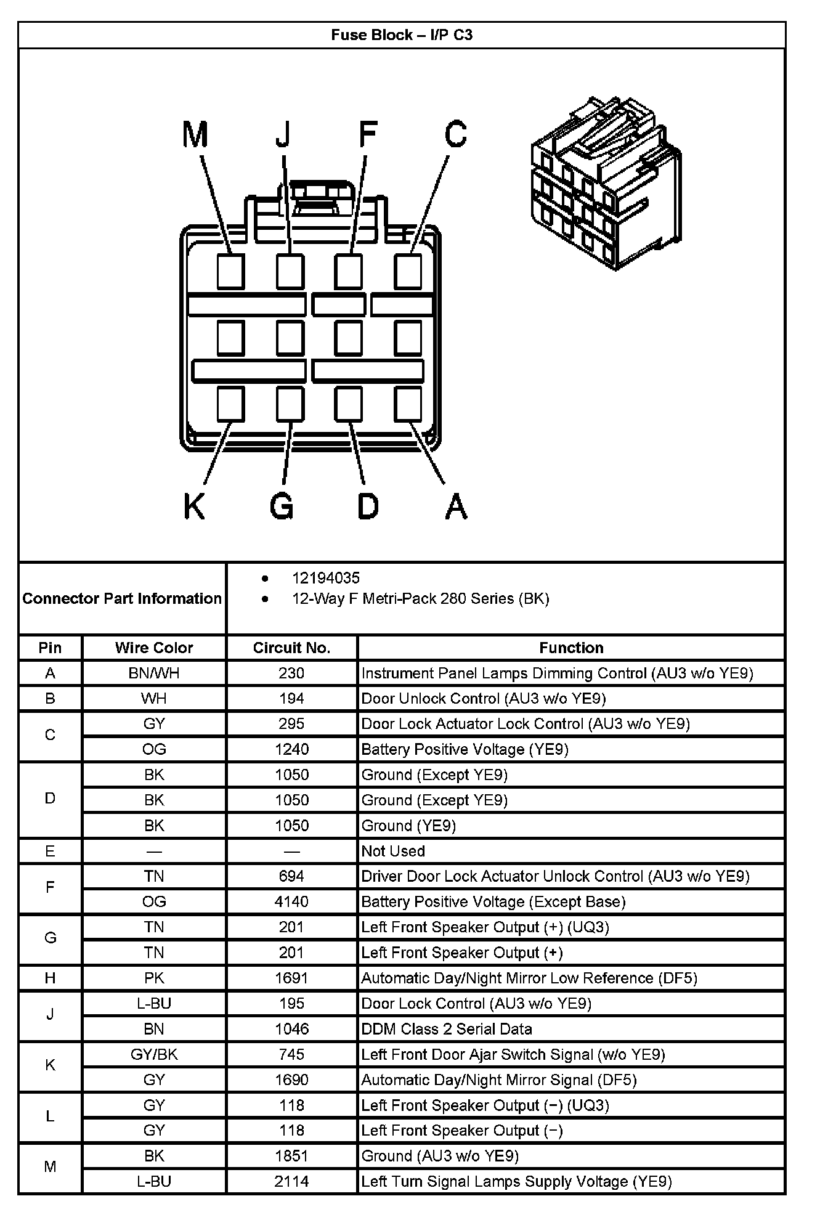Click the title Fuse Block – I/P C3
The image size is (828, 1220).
402,35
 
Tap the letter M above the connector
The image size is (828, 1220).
195,135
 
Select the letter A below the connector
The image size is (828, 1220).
456,506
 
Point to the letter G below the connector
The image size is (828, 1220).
282,506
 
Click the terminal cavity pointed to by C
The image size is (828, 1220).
408,271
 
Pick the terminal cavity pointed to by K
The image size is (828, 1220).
231,404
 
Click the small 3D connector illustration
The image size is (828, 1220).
606,183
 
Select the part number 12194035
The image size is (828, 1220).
325,578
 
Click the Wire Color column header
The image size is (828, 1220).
154,648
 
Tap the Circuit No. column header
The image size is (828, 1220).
291,648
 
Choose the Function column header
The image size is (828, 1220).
571,648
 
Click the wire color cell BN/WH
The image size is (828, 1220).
154,673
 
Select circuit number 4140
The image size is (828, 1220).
291,901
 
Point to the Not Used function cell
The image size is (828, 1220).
393,851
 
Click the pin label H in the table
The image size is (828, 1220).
50,978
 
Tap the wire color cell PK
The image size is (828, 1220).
154,978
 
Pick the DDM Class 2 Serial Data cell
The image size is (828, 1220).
447,1028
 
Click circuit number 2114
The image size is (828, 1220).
291,1181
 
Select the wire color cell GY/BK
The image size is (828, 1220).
154,1054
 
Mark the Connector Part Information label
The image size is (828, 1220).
122,598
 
